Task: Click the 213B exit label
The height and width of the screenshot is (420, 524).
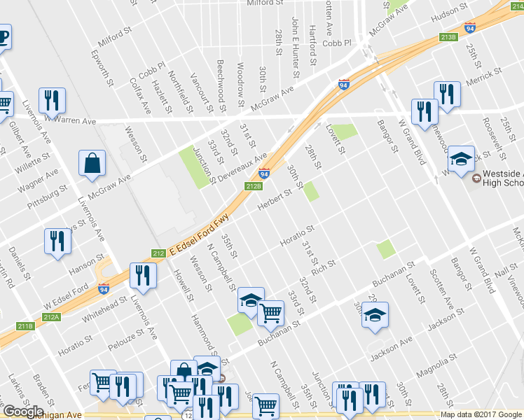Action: click(448, 36)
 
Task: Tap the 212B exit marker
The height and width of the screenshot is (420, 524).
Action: click(254, 185)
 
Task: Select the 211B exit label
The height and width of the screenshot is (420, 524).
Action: click(26, 326)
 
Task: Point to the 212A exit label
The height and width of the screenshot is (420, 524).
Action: click(51, 316)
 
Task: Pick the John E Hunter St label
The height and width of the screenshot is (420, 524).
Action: click(296, 48)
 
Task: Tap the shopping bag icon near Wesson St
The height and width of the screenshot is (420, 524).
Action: click(92, 164)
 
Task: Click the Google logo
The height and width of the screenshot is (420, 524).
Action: click(23, 411)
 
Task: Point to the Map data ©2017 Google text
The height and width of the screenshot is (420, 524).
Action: click(480, 414)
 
